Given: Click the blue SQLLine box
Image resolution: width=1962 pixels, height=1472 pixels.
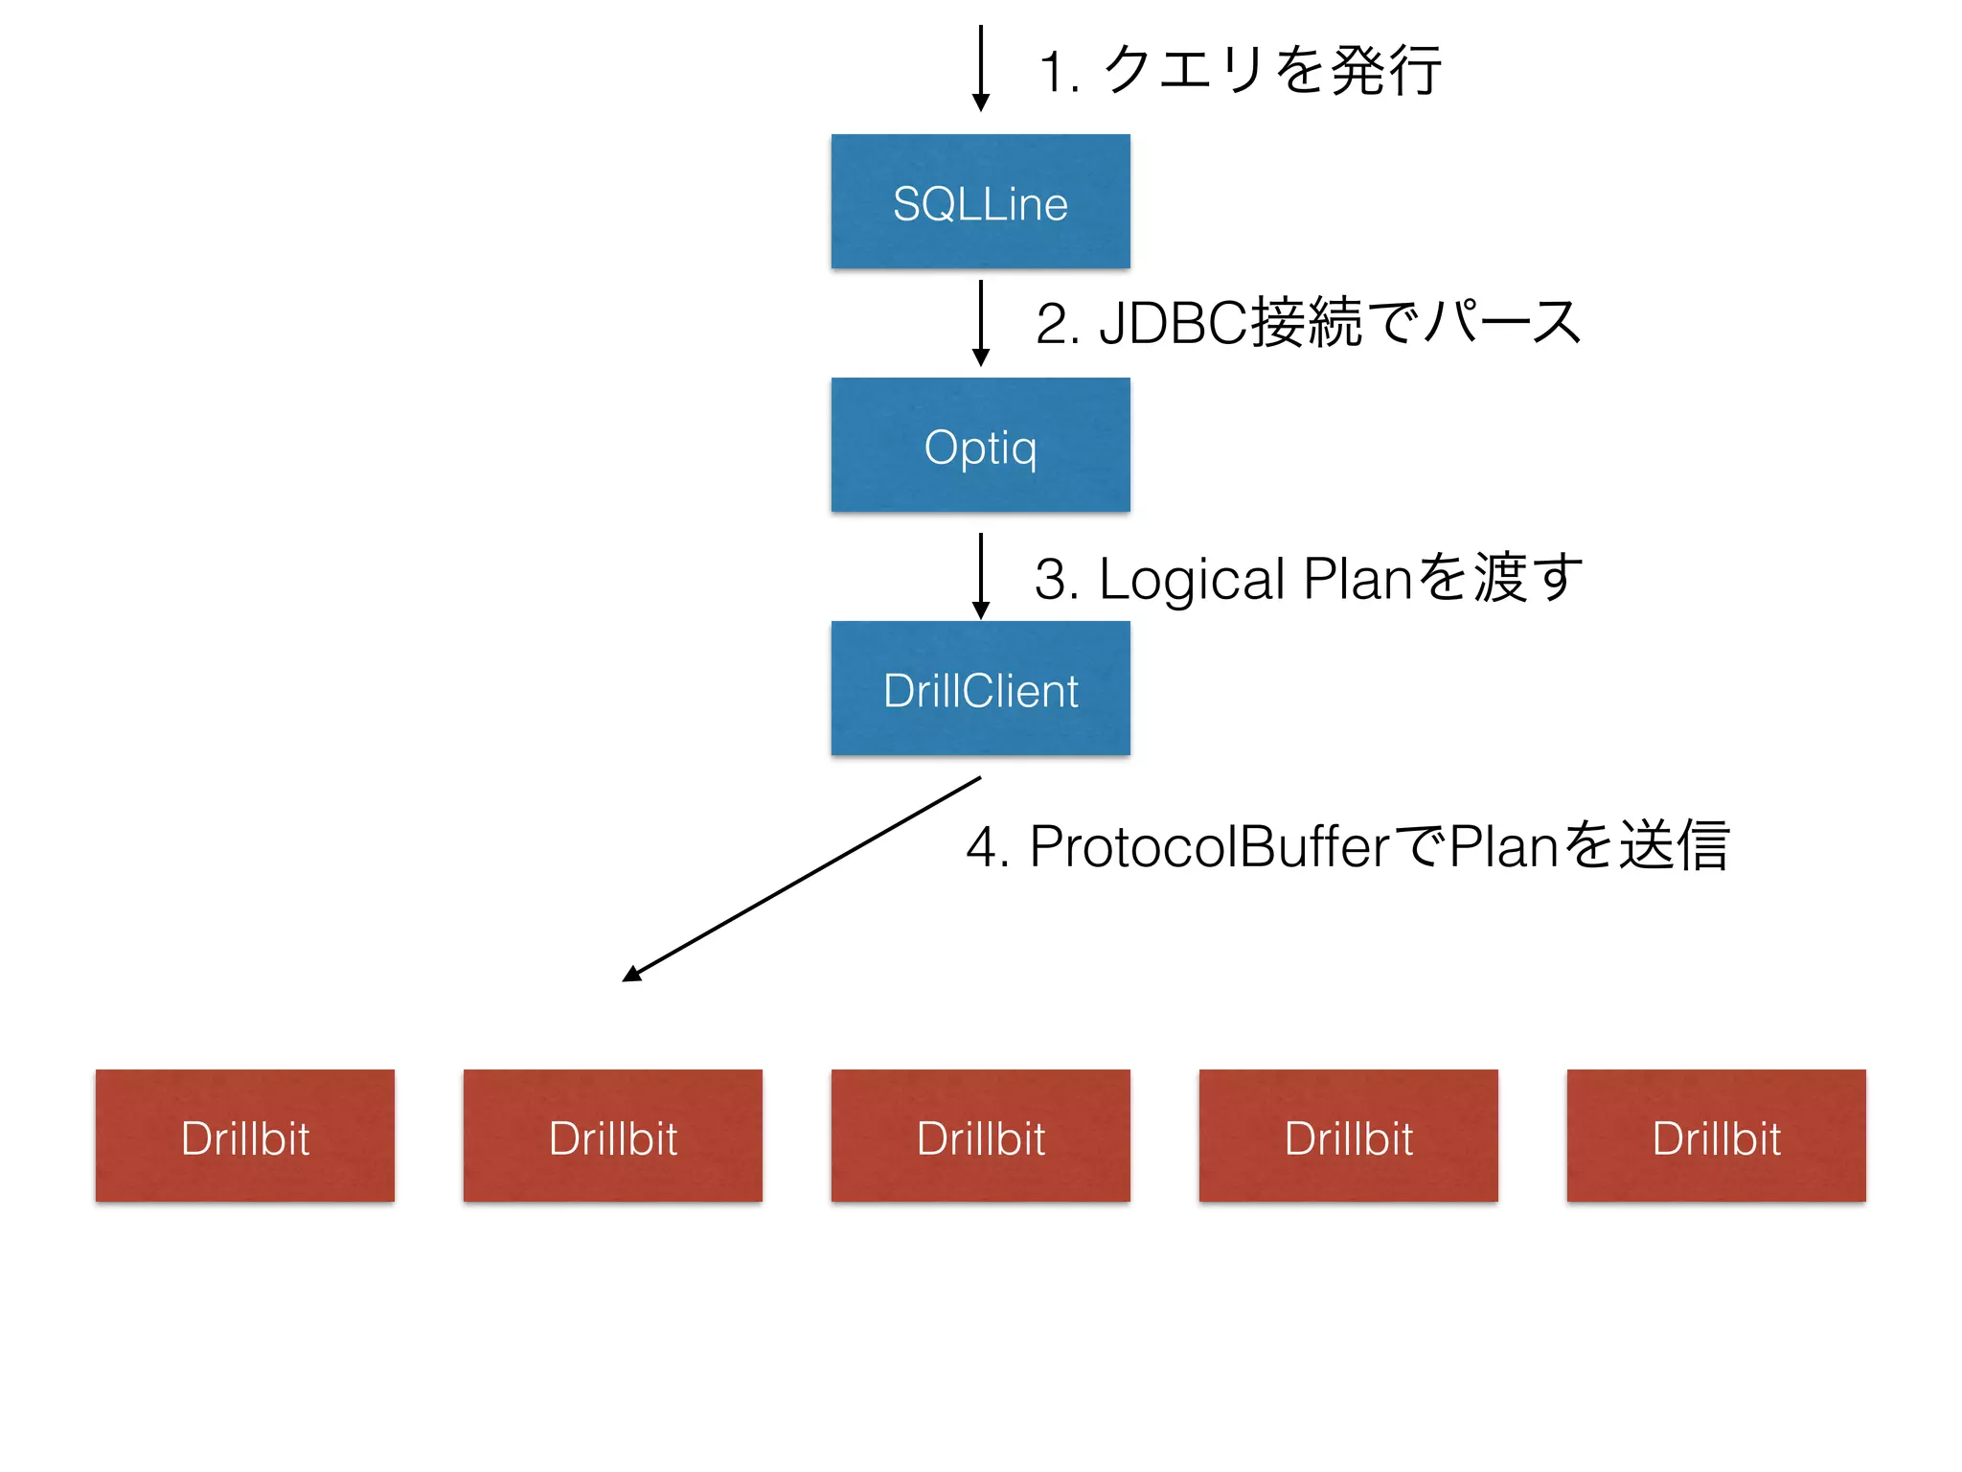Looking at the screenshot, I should pos(980,201).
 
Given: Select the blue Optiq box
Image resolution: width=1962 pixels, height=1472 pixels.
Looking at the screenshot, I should pos(980,445).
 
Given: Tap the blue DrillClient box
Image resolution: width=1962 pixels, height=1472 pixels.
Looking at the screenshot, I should pos(980,688).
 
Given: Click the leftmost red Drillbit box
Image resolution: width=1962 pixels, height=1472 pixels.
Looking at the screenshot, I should pos(245,1136).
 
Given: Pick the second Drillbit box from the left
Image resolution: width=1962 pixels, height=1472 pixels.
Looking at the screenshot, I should pos(613,1136).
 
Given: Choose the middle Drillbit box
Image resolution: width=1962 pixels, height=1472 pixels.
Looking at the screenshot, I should pos(980,1136).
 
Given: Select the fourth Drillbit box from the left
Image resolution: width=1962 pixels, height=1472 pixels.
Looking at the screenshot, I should pos(1348,1136).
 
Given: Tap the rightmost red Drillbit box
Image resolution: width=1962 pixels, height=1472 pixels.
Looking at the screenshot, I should pos(1716,1136).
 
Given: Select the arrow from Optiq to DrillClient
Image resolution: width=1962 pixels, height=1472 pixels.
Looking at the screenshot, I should pos(980,576).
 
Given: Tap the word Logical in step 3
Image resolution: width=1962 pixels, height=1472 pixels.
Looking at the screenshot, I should pos(1191,580).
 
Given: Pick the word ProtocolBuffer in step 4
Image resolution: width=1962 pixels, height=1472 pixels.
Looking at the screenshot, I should pos(1209,847).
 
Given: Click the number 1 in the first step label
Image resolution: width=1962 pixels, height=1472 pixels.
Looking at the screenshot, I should pos(1053,73).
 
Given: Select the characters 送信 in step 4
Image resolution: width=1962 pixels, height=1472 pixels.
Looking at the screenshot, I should pos(1673,845).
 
